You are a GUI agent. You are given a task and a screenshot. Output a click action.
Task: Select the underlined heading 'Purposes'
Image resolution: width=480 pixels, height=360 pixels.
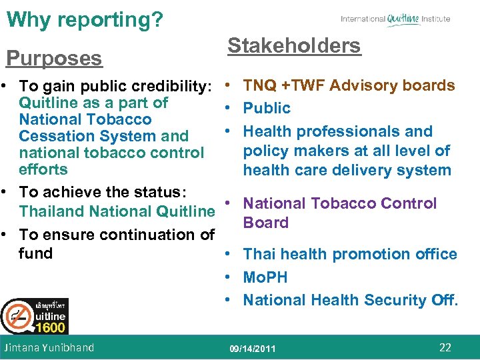[x=54, y=58]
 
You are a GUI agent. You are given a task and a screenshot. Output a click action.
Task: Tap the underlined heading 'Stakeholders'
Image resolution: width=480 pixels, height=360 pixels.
[x=294, y=46]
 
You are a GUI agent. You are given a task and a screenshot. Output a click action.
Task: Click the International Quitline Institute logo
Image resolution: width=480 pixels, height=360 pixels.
[x=395, y=19]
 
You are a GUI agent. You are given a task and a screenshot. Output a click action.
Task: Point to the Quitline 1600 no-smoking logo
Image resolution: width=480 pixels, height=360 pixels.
[x=34, y=316]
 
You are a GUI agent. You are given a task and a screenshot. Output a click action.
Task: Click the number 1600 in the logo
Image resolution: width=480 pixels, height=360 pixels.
[x=51, y=327]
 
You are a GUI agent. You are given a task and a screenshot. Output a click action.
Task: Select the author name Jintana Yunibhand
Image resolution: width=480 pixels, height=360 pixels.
[x=49, y=347]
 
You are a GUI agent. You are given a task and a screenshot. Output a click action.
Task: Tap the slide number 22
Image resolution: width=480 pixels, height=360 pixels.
[x=445, y=347]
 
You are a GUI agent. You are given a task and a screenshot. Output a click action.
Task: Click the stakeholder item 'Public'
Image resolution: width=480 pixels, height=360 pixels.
[x=267, y=108]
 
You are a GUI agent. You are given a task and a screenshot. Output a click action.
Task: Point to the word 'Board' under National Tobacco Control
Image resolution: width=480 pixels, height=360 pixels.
[x=265, y=223]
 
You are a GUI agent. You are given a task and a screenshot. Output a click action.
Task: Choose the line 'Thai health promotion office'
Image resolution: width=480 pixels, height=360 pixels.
[x=349, y=254]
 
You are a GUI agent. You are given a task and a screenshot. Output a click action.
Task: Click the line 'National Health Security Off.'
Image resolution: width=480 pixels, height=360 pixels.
[x=350, y=300]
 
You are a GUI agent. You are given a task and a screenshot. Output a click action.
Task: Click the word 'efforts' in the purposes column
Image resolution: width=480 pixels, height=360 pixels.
[x=43, y=169]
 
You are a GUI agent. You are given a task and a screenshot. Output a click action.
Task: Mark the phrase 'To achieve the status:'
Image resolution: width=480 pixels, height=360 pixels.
[x=103, y=192]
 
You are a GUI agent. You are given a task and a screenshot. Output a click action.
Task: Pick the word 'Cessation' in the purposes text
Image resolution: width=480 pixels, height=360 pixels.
[x=54, y=136]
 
